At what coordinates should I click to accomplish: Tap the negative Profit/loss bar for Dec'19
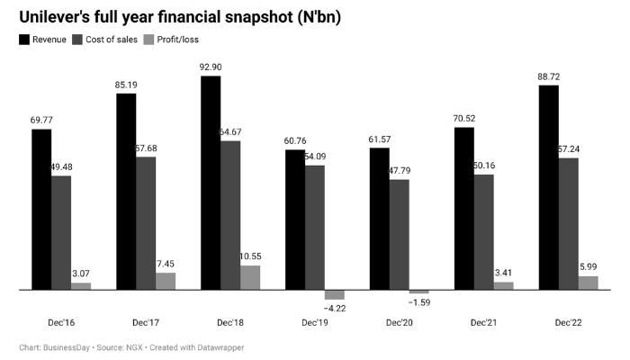pyautogui.click(x=335, y=294)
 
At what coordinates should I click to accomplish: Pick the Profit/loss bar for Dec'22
pyautogui.click(x=589, y=283)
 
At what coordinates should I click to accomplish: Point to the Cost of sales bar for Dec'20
pyautogui.click(x=400, y=234)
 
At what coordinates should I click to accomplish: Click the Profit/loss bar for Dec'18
pyautogui.click(x=250, y=277)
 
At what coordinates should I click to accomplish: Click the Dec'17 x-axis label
pyautogui.click(x=147, y=321)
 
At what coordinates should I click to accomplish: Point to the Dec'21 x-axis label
pyautogui.click(x=484, y=321)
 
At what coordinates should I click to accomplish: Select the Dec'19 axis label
pyautogui.click(x=316, y=321)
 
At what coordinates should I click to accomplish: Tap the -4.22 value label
pyautogui.click(x=335, y=308)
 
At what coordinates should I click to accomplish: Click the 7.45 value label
pyautogui.click(x=166, y=265)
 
